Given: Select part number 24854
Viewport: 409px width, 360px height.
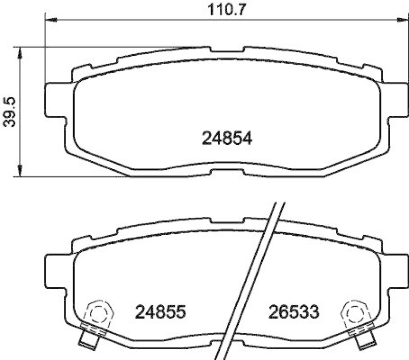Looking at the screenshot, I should (x=228, y=139).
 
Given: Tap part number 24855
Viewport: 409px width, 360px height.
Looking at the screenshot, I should (x=159, y=310).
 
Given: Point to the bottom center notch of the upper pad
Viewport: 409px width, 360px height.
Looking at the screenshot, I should (x=227, y=168).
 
